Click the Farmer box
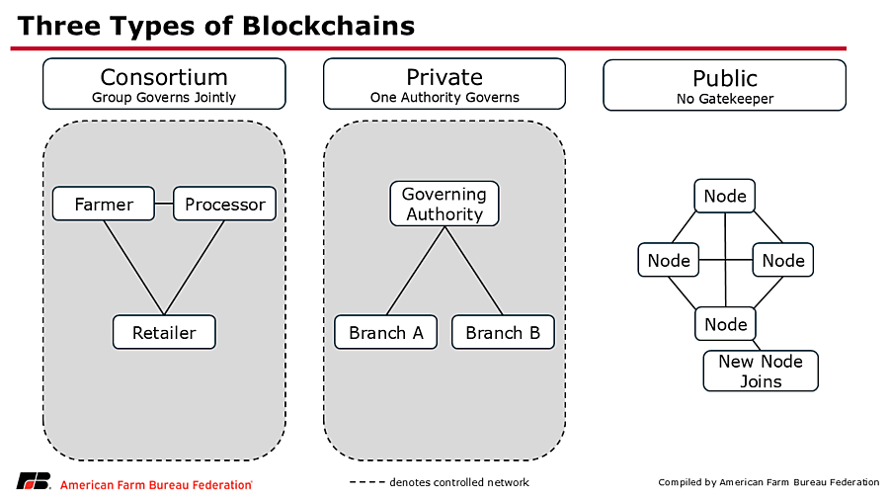pos(103,204)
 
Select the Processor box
pos(224,204)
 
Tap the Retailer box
pos(164,332)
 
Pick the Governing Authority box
pos(444,204)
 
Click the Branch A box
pos(385,332)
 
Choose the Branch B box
pos(503,332)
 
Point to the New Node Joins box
pos(761,371)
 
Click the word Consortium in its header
pos(164,77)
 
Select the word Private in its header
pos(444,77)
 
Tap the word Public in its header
pos(725,78)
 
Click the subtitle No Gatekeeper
pos(725,99)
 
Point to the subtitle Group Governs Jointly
pos(164,98)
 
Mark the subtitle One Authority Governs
pos(444,98)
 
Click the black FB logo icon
pos(34,480)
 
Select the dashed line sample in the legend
pos(366,482)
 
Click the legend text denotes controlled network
pos(459,482)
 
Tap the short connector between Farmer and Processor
pos(164,204)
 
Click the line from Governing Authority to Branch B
pos(474,271)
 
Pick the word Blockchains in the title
pos(328,26)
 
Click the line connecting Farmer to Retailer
pos(133,268)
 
